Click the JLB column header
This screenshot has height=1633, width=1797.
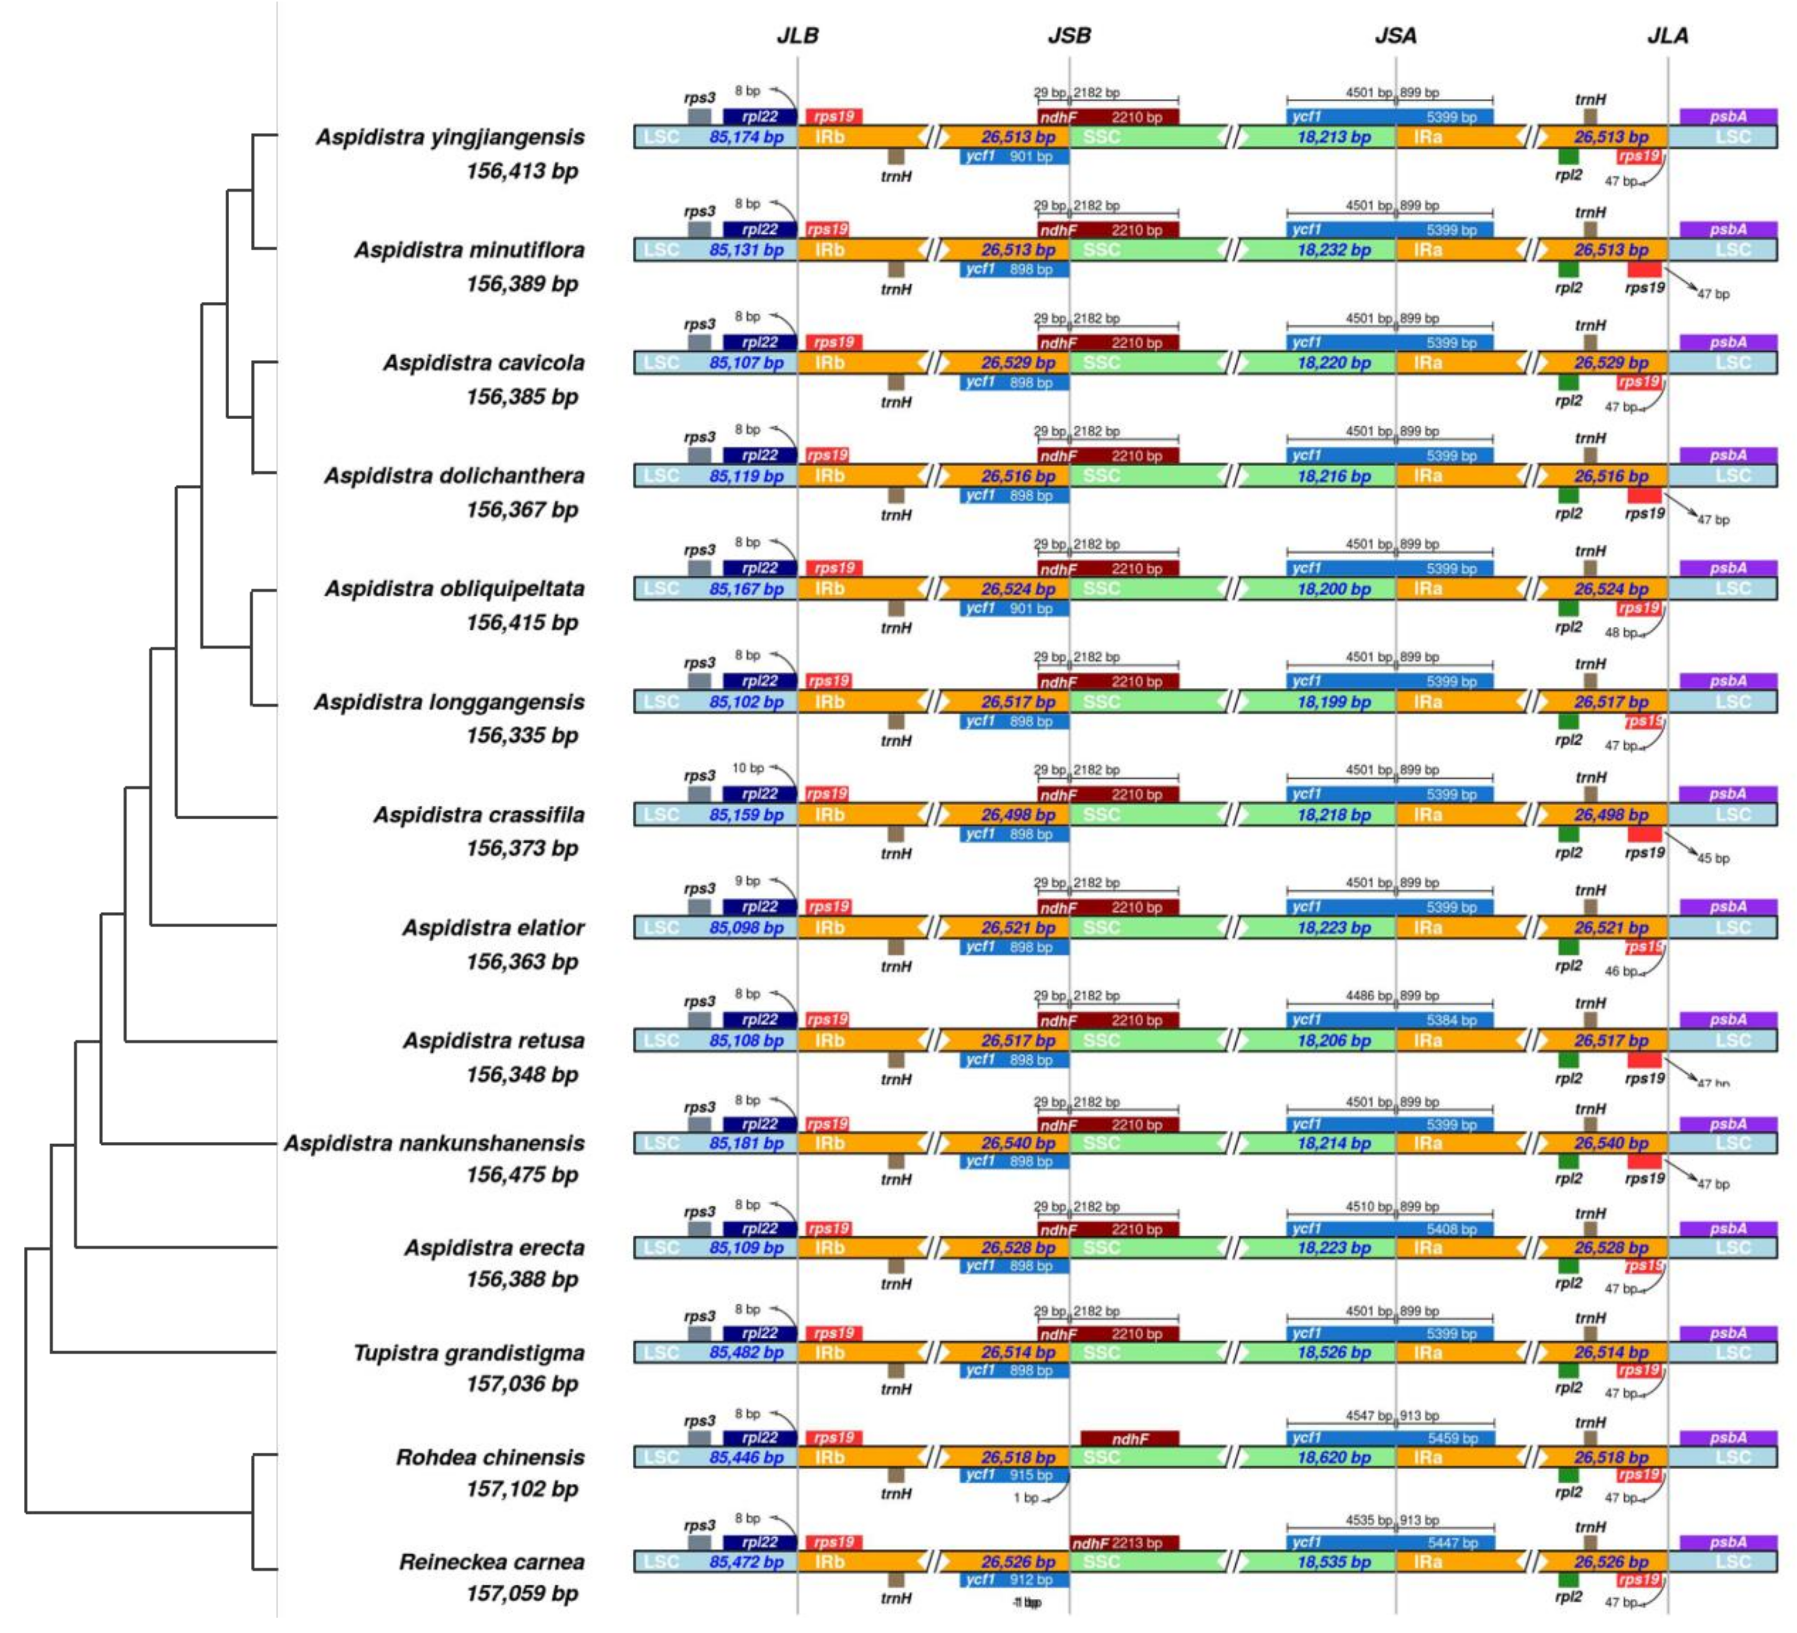[x=797, y=36]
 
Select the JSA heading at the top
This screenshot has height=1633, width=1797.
[x=1395, y=36]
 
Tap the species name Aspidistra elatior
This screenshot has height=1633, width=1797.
[x=493, y=928]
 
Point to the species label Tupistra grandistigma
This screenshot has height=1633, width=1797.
[x=469, y=1353]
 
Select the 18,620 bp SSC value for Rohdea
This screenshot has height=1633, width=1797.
[x=1334, y=1457]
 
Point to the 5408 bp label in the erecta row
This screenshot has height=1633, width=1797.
[x=1451, y=1229]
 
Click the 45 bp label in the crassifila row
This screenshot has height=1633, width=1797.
[x=1712, y=859]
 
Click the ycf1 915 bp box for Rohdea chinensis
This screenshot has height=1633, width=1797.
[x=1015, y=1475]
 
